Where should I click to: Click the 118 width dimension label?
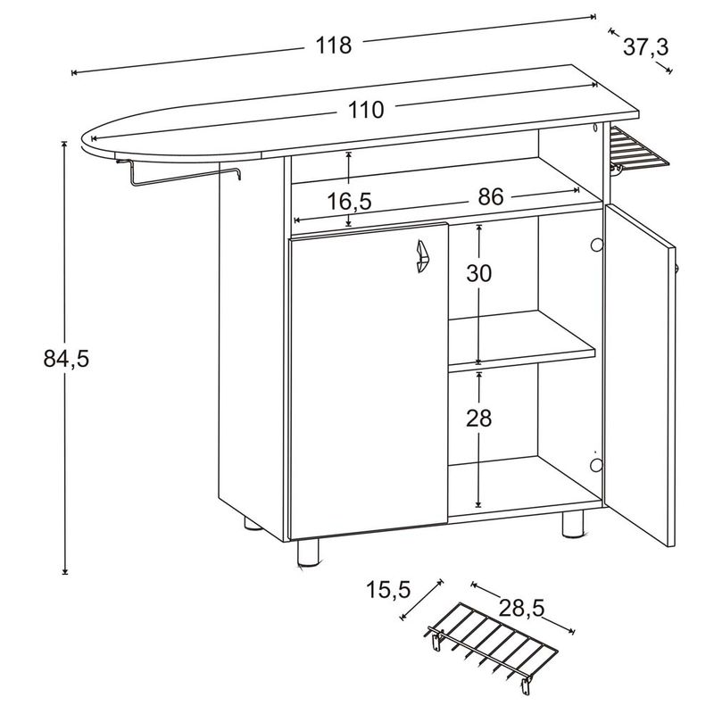click(333, 45)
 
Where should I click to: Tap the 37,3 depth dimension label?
click(644, 47)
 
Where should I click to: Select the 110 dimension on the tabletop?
click(366, 110)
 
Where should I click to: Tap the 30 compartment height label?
click(479, 274)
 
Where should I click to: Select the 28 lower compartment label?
click(479, 419)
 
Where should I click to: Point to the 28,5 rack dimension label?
click(520, 608)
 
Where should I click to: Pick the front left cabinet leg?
click(307, 554)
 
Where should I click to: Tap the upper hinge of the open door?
click(597, 244)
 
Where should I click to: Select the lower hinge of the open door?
click(597, 465)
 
